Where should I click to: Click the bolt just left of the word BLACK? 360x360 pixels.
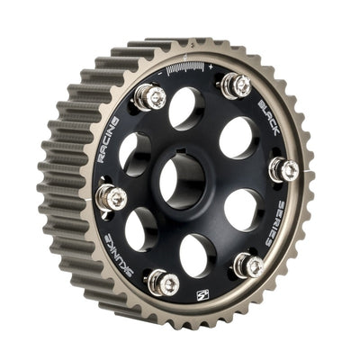point(236,85)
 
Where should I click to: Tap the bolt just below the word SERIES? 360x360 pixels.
point(249,265)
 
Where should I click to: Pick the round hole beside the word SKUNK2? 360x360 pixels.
point(141,229)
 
